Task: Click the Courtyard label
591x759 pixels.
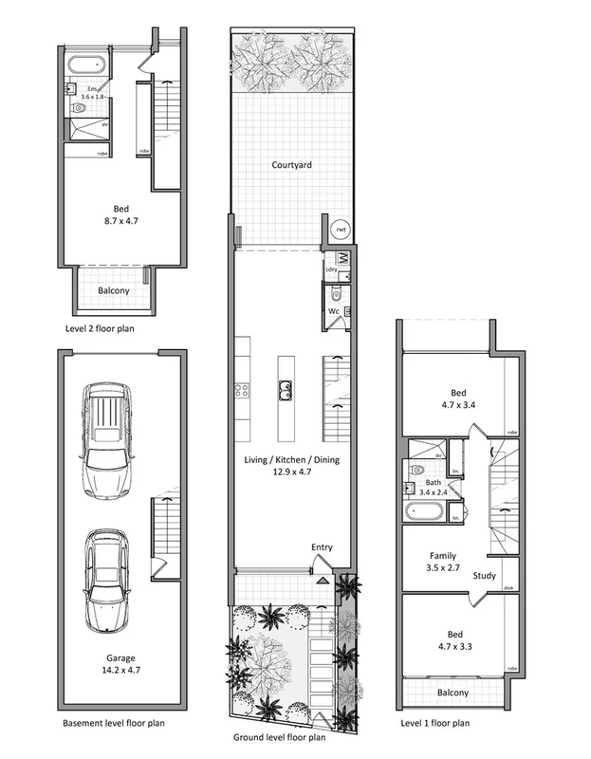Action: point(292,164)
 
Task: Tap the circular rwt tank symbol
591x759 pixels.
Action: point(340,229)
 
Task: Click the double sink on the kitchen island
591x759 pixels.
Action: point(285,387)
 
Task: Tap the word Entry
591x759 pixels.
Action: point(322,547)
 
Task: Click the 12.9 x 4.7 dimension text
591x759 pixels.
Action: point(292,472)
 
